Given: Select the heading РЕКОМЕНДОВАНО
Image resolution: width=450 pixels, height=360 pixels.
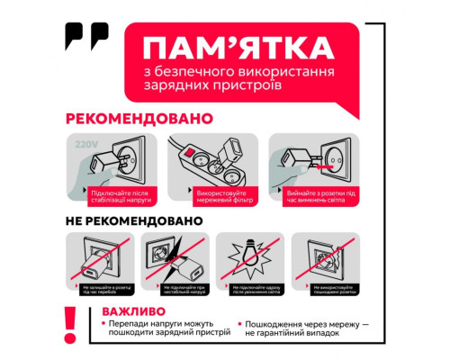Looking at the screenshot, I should tap(139, 118).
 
